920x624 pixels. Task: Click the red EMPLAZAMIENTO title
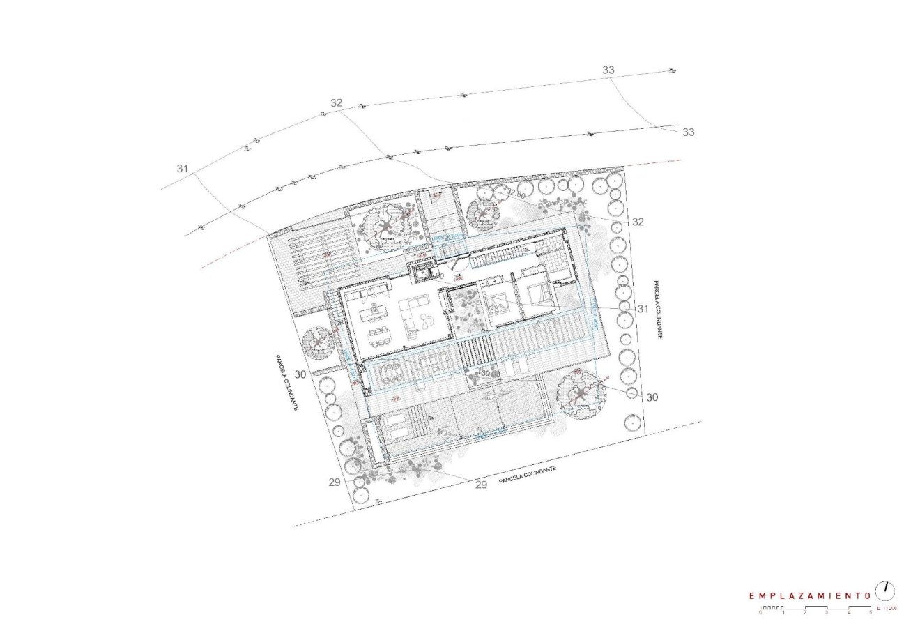pos(809,596)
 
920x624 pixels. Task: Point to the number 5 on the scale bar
pos(870,612)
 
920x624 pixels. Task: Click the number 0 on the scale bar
pos(760,612)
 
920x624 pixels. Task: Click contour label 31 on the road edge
pos(183,169)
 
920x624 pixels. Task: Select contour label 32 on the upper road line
pos(337,102)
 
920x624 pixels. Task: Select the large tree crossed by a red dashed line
pos(580,395)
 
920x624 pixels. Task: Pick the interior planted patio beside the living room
pos(464,317)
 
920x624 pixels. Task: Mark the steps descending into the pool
pos(419,423)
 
